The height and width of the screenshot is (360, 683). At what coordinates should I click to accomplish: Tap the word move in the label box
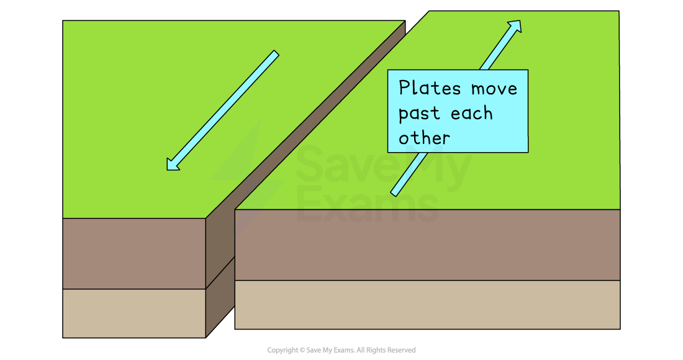click(x=494, y=88)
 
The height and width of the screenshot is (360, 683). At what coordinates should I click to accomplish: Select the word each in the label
click(x=471, y=114)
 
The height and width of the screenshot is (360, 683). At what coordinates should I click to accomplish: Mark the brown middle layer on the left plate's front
click(x=134, y=253)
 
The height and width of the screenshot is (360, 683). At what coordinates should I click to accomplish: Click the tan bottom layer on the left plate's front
click(x=134, y=313)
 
